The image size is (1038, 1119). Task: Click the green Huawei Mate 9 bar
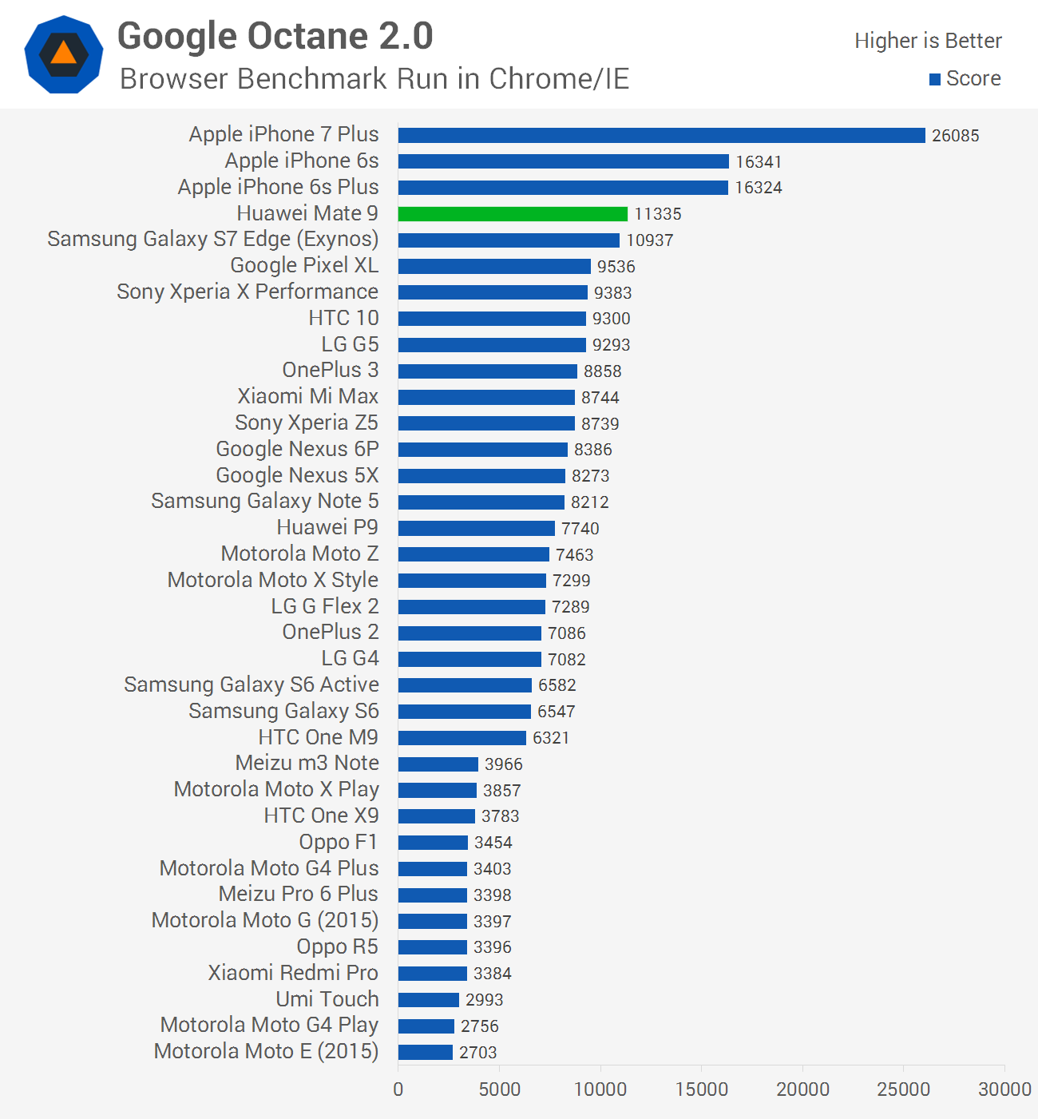[513, 214]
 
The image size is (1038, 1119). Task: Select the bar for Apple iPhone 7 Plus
[662, 135]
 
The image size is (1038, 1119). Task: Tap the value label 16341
[759, 161]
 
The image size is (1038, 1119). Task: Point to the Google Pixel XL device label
[304, 265]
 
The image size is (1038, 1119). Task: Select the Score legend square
[935, 79]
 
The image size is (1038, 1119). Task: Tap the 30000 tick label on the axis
[1004, 1089]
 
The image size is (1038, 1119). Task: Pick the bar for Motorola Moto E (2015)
[426, 1052]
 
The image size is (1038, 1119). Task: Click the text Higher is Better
[928, 41]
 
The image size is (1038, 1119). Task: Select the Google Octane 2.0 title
[275, 36]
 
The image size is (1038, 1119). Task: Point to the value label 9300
[611, 319]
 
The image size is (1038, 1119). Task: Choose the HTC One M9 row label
[319, 737]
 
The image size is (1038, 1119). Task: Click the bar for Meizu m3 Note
[438, 764]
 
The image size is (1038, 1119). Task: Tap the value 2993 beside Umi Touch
[484, 999]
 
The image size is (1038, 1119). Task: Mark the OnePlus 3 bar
[487, 371]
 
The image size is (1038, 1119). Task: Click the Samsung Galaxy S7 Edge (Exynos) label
[213, 240]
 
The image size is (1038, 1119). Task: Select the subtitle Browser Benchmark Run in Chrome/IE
[374, 79]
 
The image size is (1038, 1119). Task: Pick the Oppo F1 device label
[338, 842]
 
